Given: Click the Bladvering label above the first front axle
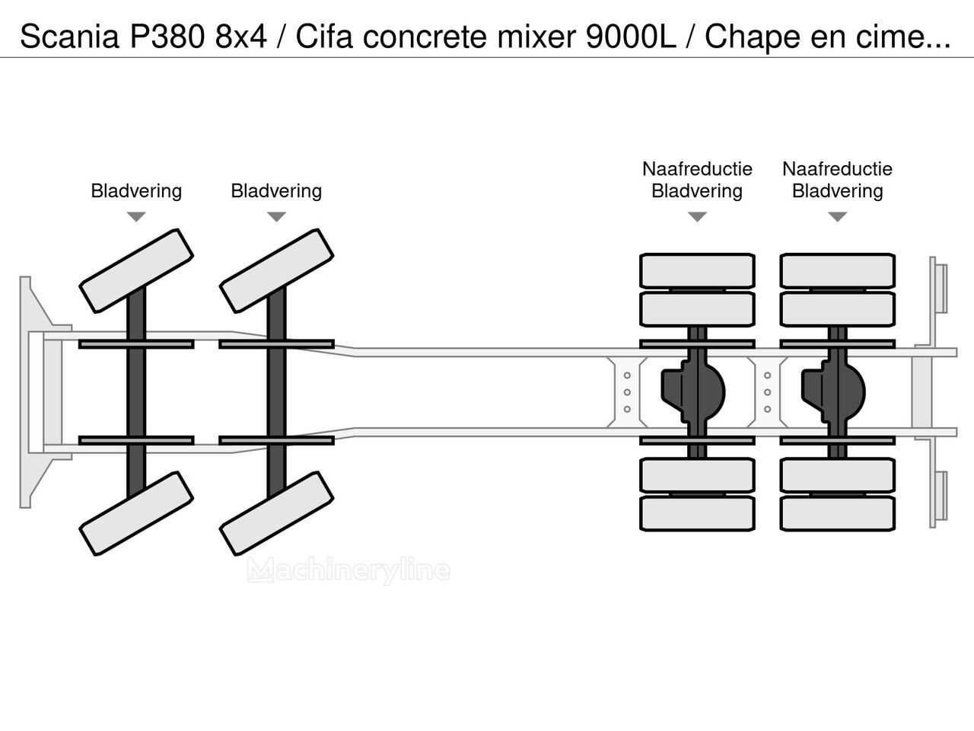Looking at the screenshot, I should [136, 190].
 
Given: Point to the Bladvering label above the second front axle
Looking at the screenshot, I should [276, 190].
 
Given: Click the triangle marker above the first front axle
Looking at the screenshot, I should [136, 217].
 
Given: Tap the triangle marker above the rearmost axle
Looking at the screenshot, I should [837, 217].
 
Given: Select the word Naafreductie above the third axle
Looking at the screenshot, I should [697, 169].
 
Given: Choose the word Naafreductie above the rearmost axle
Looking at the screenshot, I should [837, 169].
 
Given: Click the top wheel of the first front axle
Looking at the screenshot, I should [136, 270].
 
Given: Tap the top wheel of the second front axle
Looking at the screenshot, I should [276, 270].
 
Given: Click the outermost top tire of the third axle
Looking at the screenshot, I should [697, 270].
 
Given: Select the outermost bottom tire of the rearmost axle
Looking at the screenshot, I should [837, 514].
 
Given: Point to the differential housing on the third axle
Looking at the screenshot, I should [694, 391].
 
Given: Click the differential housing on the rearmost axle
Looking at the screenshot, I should [834, 391].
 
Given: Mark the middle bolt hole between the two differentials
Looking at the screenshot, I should [767, 392].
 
